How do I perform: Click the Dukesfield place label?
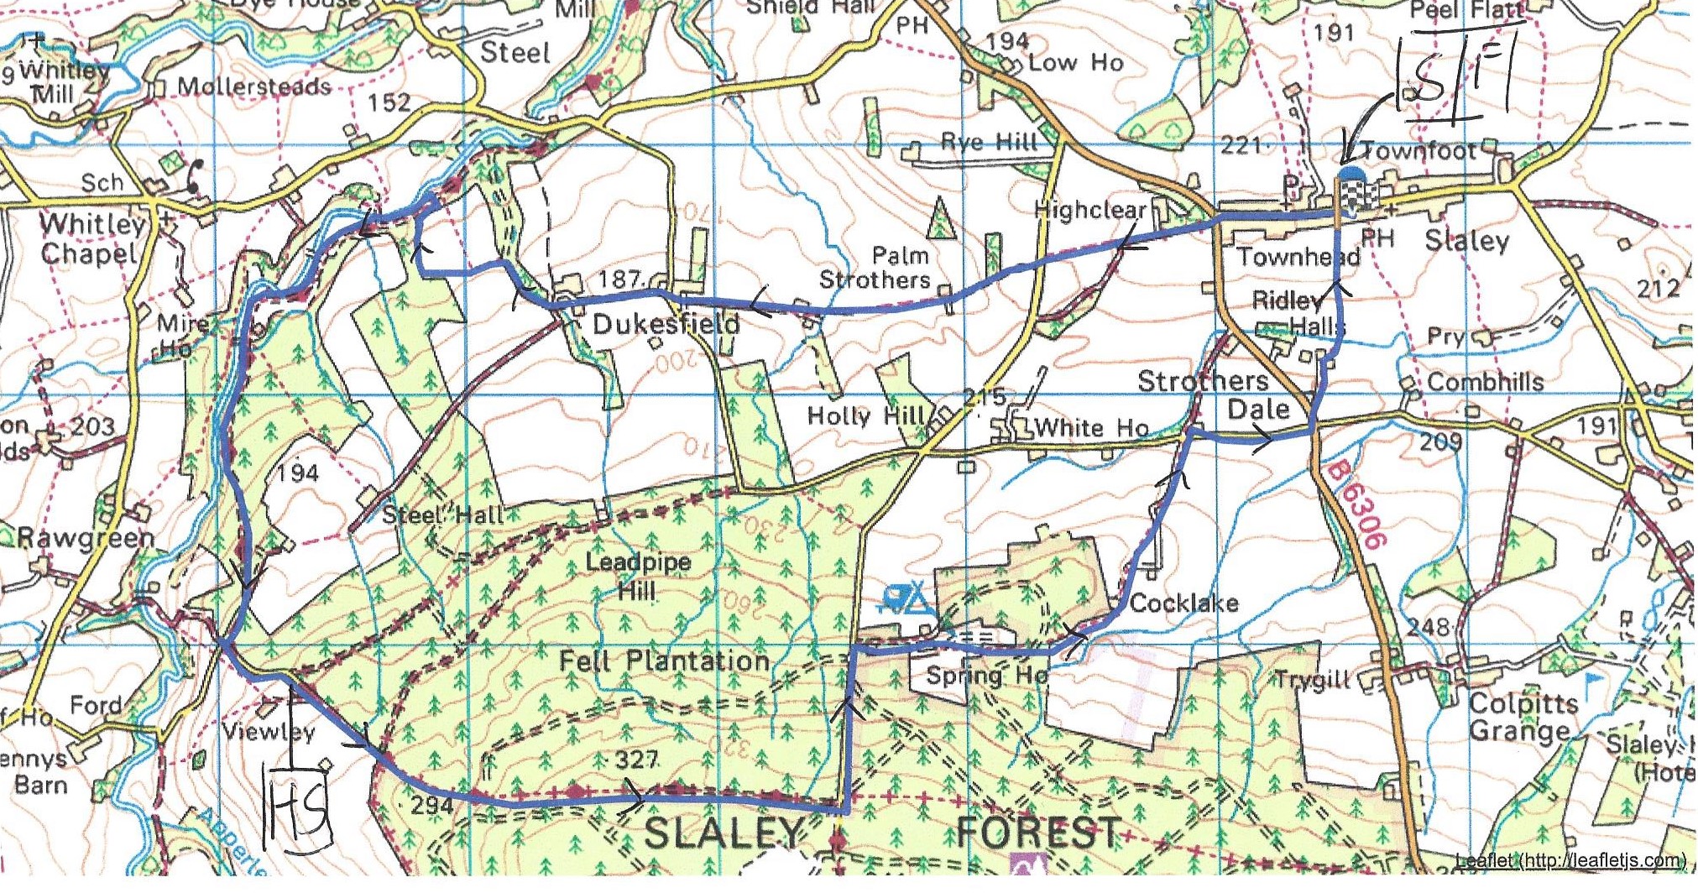click(666, 325)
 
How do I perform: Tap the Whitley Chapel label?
click(89, 239)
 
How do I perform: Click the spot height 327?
click(635, 760)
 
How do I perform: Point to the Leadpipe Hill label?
click(638, 576)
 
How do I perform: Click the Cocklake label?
click(1183, 603)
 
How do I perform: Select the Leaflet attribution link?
click(1570, 860)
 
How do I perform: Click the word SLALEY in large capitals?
click(724, 833)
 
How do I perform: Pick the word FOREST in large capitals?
click(1038, 833)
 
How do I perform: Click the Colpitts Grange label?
click(1523, 717)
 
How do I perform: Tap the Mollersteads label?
click(253, 86)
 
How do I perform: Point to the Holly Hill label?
click(865, 415)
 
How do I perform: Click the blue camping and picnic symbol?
click(906, 599)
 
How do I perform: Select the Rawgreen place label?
click(86, 538)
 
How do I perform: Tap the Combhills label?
click(1485, 382)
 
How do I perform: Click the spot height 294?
click(431, 805)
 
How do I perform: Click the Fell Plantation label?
click(664, 661)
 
